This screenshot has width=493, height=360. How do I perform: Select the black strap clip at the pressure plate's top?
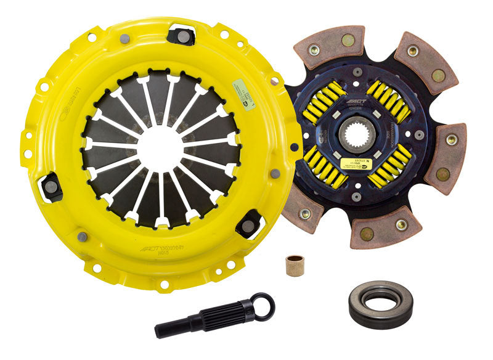pyautogui.click(x=182, y=35)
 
